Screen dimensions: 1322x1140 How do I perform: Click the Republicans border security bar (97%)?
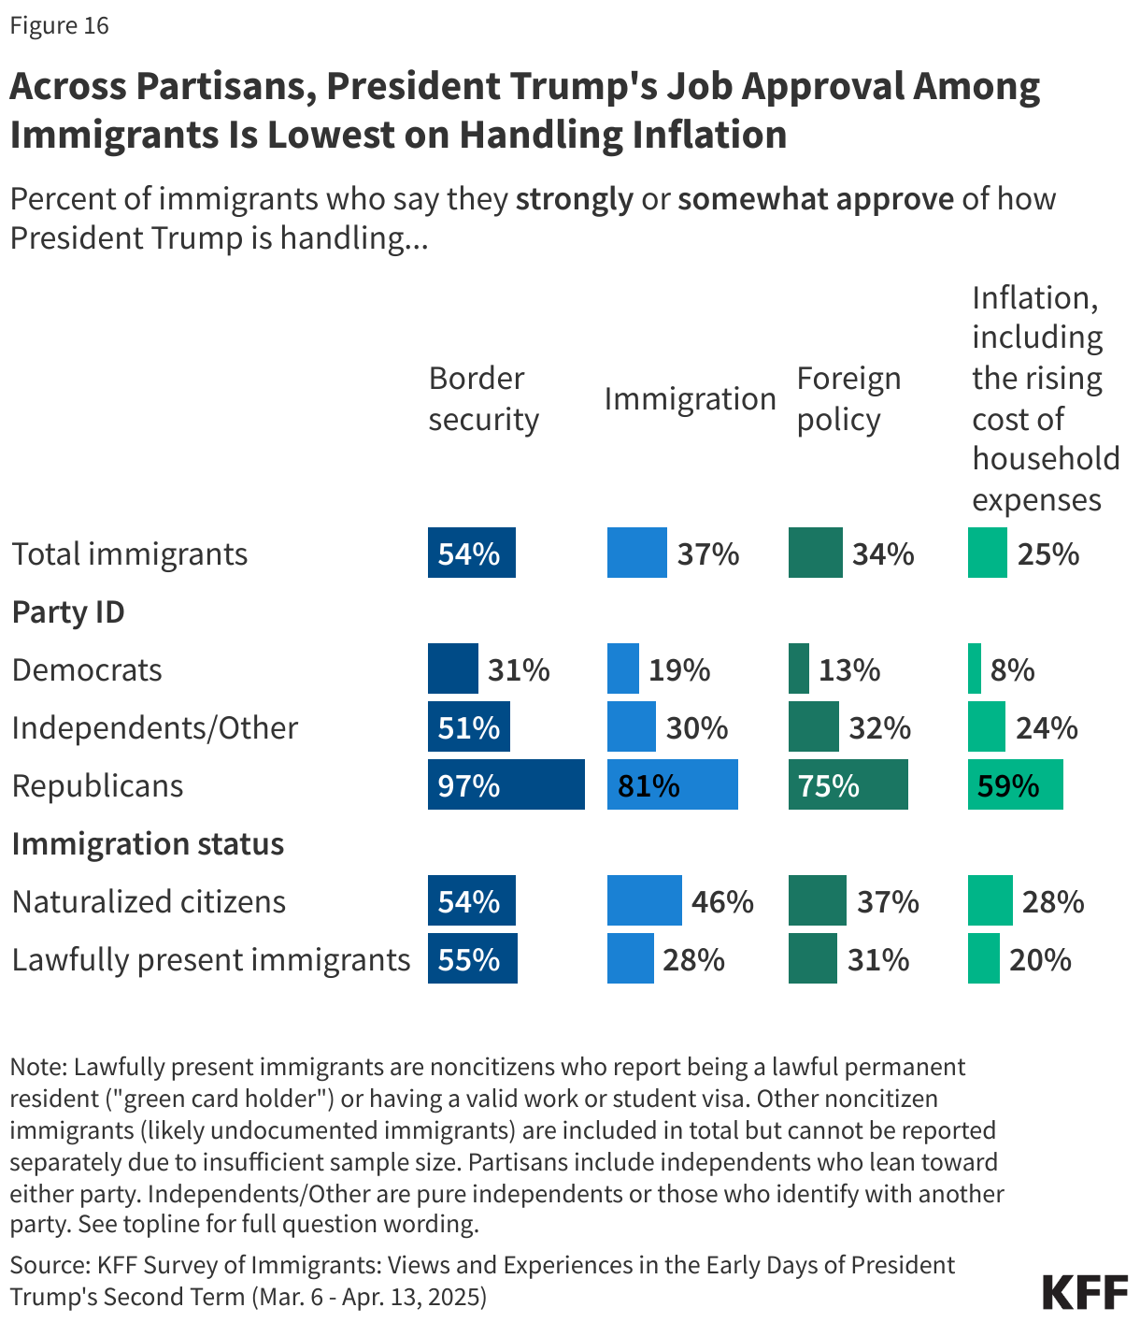pyautogui.click(x=506, y=784)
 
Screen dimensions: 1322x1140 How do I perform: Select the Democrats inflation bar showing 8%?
pyautogui.click(x=975, y=668)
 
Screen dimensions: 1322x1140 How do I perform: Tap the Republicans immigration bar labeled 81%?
pyautogui.click(x=672, y=784)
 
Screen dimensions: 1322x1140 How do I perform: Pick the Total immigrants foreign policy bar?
pyautogui.click(x=815, y=553)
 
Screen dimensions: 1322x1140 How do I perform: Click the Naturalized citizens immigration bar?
pyautogui.click(x=644, y=900)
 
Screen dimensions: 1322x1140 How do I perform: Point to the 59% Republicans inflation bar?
pyautogui.click(x=1015, y=784)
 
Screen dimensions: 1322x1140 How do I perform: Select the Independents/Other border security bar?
pyautogui.click(x=468, y=726)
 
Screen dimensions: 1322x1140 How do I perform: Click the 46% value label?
pyautogui.click(x=722, y=901)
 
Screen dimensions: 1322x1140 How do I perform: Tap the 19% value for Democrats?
pyautogui.click(x=679, y=669)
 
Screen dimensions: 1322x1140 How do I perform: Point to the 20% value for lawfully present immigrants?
pyautogui.click(x=1040, y=959)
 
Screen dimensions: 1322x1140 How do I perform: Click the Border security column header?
pyautogui.click(x=483, y=398)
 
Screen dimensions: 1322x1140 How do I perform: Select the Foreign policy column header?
pyautogui.click(x=848, y=398)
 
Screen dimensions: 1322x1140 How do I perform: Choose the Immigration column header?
pyautogui.click(x=690, y=398)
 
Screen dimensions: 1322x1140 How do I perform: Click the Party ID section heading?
pyautogui.click(x=68, y=611)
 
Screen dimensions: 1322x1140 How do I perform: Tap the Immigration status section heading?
pyautogui.click(x=148, y=843)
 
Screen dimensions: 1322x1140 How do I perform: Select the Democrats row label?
pyautogui.click(x=87, y=669)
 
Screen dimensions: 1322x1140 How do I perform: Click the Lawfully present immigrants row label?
pyautogui.click(x=211, y=959)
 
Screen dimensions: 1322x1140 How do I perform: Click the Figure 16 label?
pyautogui.click(x=60, y=25)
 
